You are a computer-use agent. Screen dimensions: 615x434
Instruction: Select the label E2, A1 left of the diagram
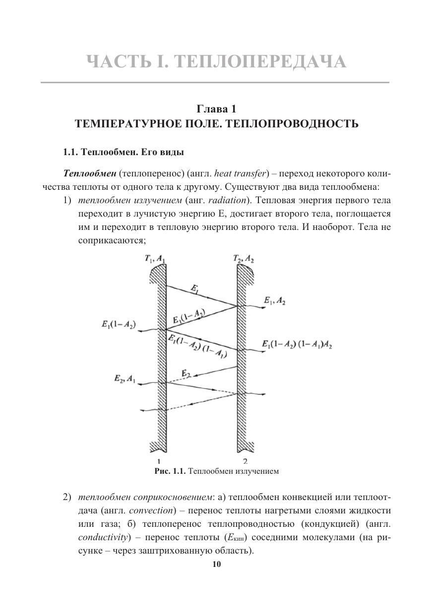(124, 379)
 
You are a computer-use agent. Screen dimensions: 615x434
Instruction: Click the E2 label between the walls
(186, 373)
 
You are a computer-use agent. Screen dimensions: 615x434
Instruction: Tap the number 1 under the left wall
(157, 461)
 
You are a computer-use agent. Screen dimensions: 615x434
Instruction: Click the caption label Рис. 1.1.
(170, 471)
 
